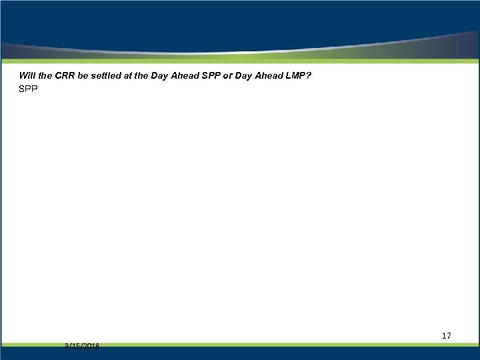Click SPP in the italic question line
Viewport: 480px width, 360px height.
click(215, 76)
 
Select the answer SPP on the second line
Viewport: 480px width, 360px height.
click(29, 89)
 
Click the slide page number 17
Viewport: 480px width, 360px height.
click(446, 335)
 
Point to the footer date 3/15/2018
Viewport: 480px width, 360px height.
click(82, 345)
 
